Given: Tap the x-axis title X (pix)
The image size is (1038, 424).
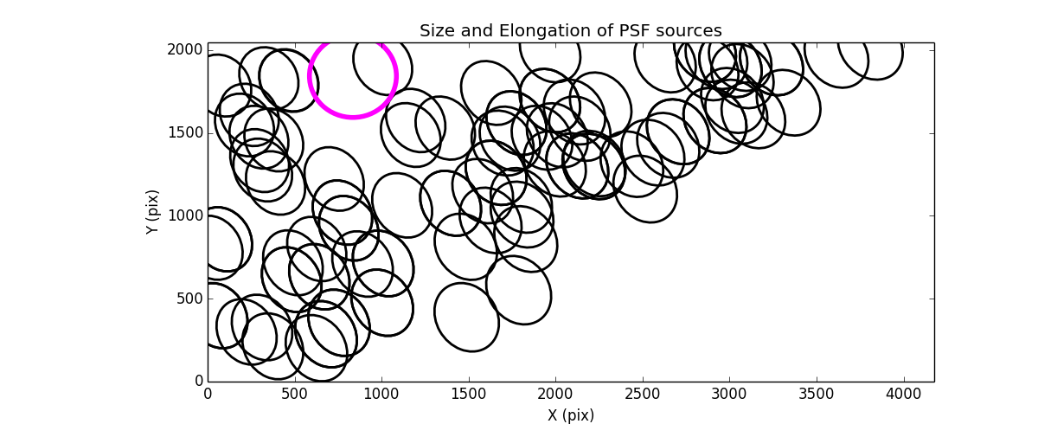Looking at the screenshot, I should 571,414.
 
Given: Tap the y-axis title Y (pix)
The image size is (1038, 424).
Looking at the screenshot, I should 152,212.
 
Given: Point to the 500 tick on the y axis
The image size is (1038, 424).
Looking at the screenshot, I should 191,299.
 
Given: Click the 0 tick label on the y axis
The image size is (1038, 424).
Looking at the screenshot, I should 199,381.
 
